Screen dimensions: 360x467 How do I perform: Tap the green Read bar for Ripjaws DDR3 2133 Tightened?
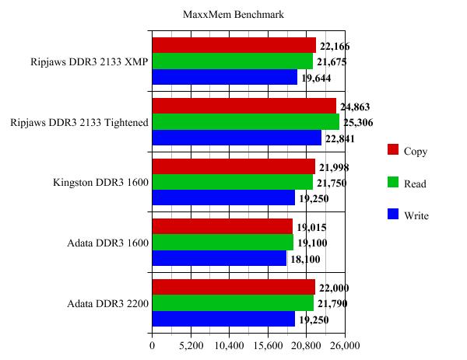(x=245, y=122)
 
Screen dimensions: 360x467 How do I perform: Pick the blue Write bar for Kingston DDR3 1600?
(x=223, y=198)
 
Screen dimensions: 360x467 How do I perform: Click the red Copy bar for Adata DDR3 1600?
(x=222, y=226)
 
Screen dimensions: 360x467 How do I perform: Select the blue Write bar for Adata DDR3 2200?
(x=223, y=319)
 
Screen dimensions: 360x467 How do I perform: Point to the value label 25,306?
(x=360, y=123)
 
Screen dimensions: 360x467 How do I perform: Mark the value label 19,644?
(x=318, y=78)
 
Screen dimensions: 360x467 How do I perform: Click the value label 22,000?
(x=336, y=288)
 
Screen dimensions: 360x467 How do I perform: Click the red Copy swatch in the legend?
(x=393, y=150)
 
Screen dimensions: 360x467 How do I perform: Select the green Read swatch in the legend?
(x=393, y=182)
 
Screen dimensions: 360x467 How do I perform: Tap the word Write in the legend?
(x=416, y=215)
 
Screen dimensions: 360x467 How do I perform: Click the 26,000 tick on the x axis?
(x=345, y=346)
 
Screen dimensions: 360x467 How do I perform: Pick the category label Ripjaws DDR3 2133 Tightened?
(x=79, y=122)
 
